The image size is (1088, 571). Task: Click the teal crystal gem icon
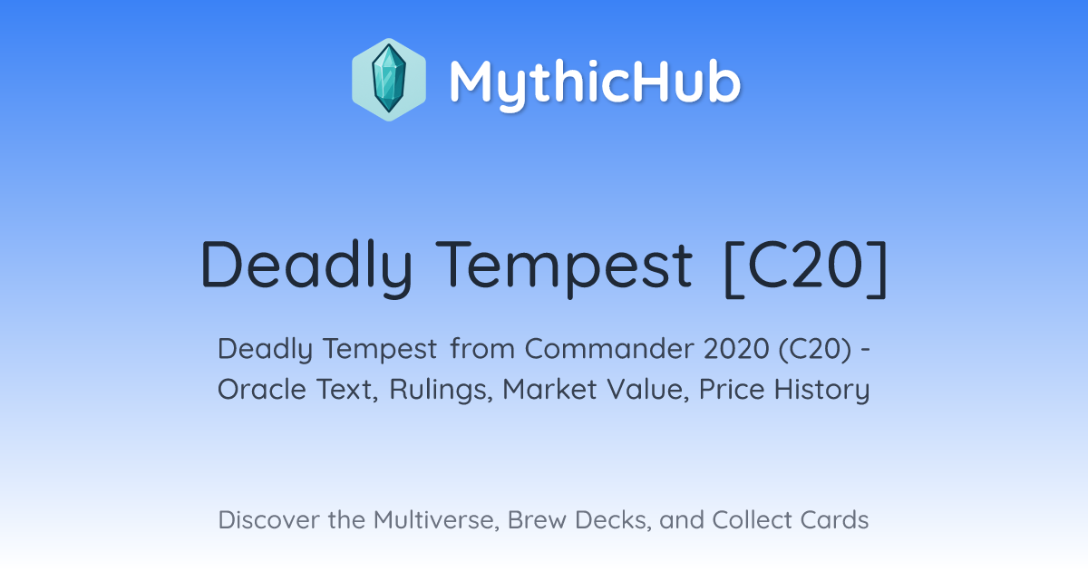pos(389,79)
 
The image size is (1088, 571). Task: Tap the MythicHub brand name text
pos(595,83)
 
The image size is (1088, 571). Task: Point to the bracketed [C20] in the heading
pos(806,268)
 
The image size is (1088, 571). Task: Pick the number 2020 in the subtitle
pos(736,349)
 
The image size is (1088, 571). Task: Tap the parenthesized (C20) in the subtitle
pos(815,350)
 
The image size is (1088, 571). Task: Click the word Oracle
pos(262,390)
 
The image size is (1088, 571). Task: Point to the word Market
pos(549,390)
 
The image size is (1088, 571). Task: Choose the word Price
pos(732,390)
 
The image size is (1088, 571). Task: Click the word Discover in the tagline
pos(269,520)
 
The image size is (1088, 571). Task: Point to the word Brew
pos(537,520)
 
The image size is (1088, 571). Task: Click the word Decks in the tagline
pos(613,520)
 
